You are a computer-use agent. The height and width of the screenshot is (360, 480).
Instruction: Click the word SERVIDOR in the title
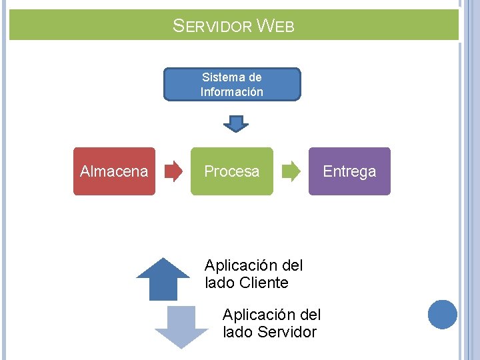[212, 27]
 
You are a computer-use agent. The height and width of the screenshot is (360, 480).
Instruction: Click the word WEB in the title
[275, 27]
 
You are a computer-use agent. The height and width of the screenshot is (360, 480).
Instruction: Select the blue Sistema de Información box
[232, 84]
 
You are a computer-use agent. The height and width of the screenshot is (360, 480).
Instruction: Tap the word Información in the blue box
[232, 92]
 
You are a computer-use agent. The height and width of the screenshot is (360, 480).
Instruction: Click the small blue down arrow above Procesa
[235, 123]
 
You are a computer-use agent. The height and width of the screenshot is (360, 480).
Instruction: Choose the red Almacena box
[114, 171]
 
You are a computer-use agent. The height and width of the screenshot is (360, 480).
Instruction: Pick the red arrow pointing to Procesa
[173, 171]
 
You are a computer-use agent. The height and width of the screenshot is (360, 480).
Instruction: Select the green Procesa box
[232, 171]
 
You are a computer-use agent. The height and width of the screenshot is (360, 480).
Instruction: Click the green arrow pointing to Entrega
[291, 171]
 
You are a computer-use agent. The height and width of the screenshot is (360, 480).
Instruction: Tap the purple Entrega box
[349, 171]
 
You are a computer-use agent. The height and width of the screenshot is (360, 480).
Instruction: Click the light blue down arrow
[181, 327]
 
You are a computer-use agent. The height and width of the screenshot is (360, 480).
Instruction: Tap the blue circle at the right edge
[442, 315]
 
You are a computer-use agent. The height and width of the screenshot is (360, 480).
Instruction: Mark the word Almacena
[114, 171]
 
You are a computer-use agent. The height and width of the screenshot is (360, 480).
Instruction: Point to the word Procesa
[232, 171]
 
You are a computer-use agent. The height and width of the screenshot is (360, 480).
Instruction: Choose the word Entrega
[349, 171]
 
